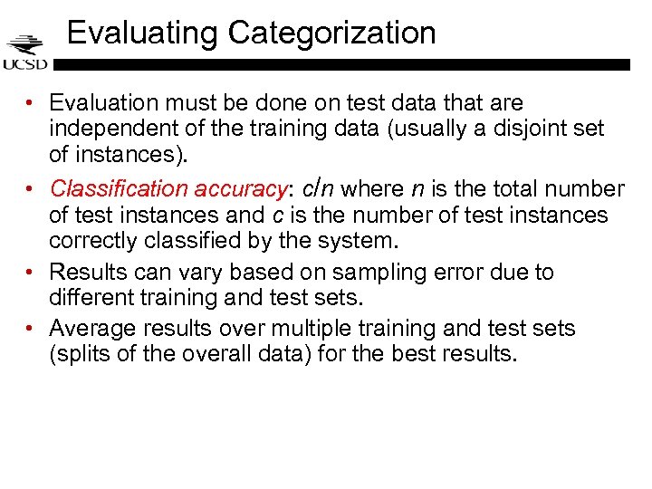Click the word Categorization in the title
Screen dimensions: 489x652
tap(332, 34)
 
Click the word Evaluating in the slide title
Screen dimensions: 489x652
tap(143, 34)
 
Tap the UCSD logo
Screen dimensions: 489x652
tap(24, 53)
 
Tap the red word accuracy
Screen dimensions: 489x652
tap(242, 188)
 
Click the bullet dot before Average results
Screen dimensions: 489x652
tap(31, 328)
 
